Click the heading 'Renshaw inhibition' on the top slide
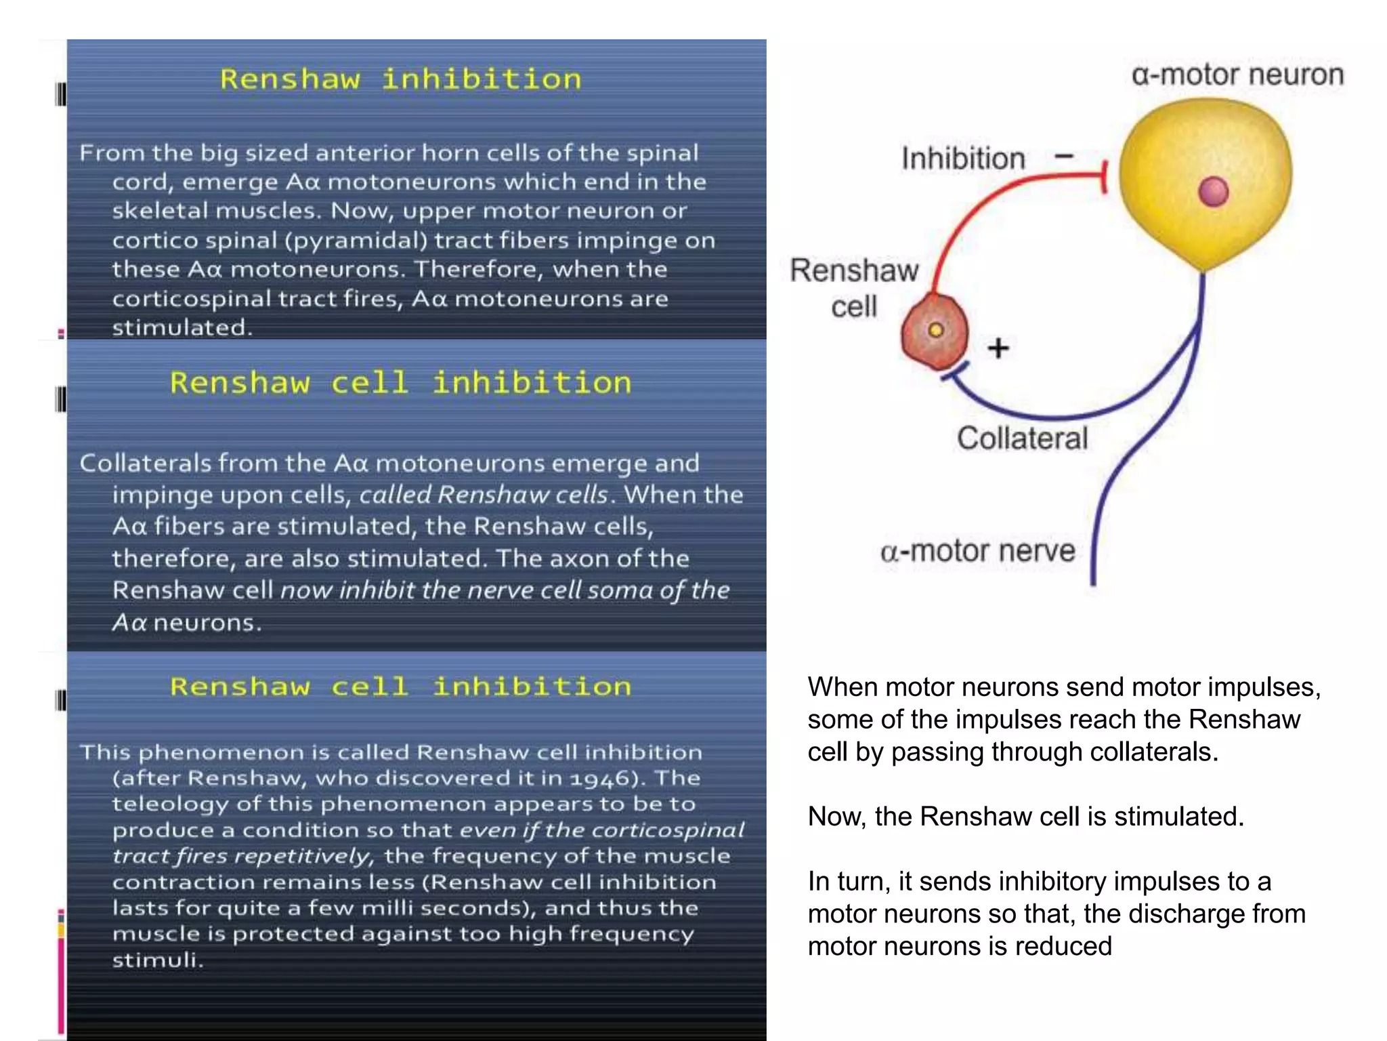[400, 80]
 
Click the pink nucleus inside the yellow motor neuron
[1213, 192]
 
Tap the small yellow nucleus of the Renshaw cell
[936, 330]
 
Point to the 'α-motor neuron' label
[1237, 75]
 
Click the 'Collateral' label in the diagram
[1022, 438]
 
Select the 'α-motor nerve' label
[977, 551]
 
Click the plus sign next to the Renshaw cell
[998, 348]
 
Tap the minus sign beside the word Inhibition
[1065, 156]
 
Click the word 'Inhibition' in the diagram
[962, 159]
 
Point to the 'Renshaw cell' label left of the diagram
[854, 288]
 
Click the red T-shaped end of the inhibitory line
[1104, 177]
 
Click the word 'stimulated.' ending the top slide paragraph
[182, 328]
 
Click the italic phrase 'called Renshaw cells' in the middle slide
[484, 495]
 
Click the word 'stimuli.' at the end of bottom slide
[157, 960]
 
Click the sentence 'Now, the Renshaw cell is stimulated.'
[1025, 817]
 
